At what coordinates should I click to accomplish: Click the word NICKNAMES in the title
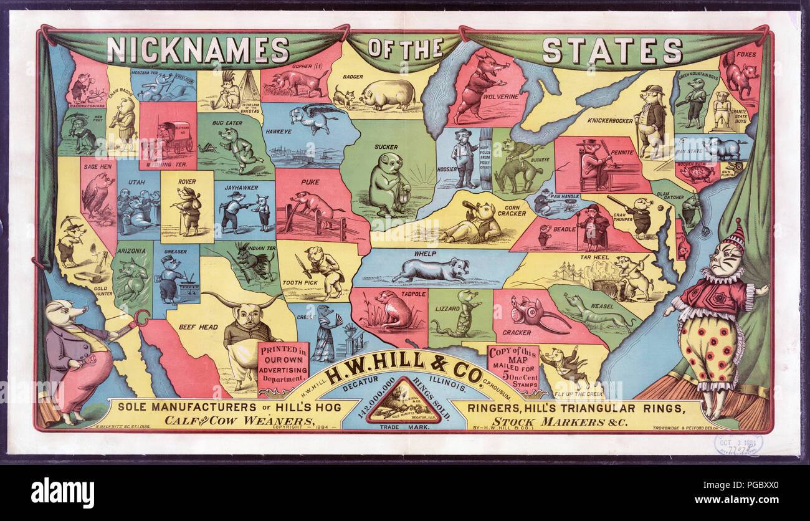pos(198,50)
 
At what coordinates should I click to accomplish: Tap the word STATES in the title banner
pos(612,50)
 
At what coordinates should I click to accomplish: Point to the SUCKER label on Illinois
pos(386,147)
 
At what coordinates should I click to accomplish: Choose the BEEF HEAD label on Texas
pos(199,326)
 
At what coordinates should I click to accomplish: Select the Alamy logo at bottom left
pos(62,492)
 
